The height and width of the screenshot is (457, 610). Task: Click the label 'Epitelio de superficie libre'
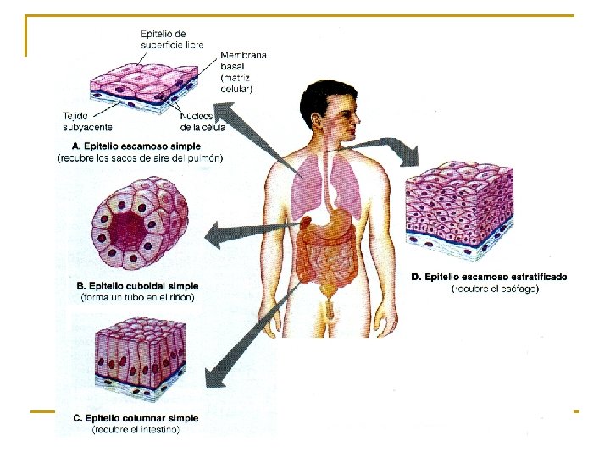[x=172, y=38]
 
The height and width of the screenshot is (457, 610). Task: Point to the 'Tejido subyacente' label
[x=87, y=121]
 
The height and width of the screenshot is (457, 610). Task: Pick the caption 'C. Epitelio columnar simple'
[x=136, y=418]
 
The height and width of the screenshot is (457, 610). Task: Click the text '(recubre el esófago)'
[x=496, y=289]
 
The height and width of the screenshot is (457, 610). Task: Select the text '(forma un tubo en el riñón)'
[x=137, y=298]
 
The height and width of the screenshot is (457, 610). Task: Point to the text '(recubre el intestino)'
[x=136, y=430]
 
